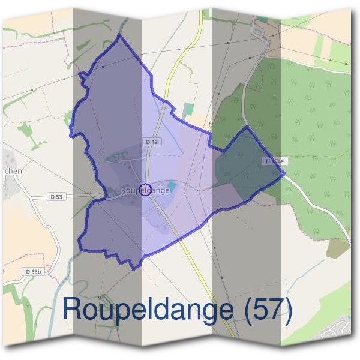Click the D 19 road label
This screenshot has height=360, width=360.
[x=152, y=142]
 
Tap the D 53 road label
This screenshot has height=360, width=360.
[x=56, y=196]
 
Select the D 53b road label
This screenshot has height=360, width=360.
[x=34, y=272]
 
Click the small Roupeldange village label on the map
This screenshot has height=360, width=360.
[x=145, y=190]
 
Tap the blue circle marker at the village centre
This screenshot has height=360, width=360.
[x=145, y=190]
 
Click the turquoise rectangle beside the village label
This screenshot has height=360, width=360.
[x=173, y=185]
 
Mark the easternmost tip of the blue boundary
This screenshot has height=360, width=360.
[x=284, y=174]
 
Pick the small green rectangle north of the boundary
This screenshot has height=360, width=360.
[x=188, y=110]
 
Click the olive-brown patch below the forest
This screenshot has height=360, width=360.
[x=338, y=248]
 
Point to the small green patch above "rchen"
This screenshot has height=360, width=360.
[x=24, y=131]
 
